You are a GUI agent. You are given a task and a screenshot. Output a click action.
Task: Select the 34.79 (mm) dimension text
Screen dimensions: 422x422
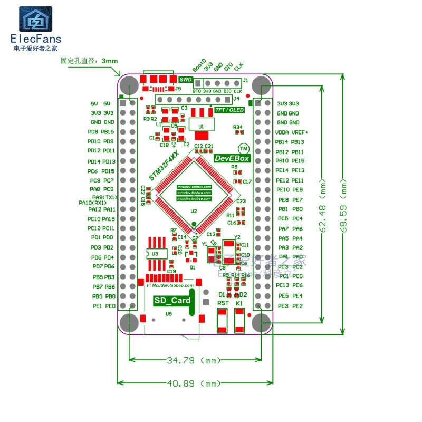(194, 361)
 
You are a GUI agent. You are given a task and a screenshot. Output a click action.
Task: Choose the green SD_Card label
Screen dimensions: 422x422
(172, 301)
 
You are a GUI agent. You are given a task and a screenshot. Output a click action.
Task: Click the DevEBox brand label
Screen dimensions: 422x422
(232, 158)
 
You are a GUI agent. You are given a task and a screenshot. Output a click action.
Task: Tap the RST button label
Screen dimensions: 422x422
(223, 304)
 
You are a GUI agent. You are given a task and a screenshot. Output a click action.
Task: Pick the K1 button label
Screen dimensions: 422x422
(239, 304)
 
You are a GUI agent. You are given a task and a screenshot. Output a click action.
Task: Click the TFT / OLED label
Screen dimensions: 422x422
(229, 110)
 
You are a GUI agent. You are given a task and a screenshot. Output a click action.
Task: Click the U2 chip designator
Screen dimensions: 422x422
(194, 211)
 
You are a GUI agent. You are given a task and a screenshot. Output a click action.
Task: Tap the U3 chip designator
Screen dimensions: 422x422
(155, 254)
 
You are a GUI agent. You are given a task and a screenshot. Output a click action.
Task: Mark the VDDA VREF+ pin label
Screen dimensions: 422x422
(292, 132)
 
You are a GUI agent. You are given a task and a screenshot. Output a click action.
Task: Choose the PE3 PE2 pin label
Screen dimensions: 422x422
(290, 306)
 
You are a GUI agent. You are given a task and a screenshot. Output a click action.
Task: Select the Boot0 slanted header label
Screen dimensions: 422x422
(199, 65)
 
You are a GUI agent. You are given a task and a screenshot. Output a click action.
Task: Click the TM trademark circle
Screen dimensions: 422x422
(243, 149)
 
